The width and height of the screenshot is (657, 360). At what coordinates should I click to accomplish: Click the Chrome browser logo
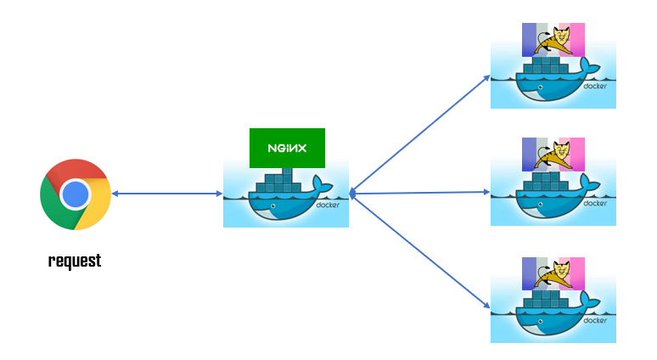click(x=75, y=194)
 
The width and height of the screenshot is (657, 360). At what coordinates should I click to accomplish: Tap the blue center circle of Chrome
click(x=75, y=194)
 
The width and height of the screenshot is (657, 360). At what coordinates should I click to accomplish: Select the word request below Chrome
click(x=75, y=261)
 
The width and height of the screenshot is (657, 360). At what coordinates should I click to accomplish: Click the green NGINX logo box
click(x=287, y=148)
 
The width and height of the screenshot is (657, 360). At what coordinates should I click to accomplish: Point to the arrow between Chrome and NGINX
click(x=166, y=194)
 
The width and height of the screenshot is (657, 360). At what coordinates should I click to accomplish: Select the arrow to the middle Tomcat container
click(x=420, y=194)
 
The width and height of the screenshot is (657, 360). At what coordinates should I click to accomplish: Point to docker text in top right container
click(x=595, y=87)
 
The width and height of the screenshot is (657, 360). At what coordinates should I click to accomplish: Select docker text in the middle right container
click(x=595, y=203)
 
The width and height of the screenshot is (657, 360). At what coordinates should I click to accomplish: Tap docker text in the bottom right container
click(x=595, y=320)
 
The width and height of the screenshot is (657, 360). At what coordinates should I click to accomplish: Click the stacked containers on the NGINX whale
click(x=279, y=183)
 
